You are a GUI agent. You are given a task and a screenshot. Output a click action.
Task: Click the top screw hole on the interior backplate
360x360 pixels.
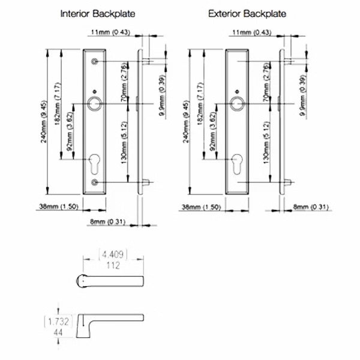(95, 62)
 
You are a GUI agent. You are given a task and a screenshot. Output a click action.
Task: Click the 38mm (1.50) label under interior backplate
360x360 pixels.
(58, 207)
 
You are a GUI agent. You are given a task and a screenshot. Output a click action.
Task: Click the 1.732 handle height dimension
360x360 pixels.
(59, 322)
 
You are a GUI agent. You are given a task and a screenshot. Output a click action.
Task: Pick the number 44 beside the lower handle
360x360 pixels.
(59, 331)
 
